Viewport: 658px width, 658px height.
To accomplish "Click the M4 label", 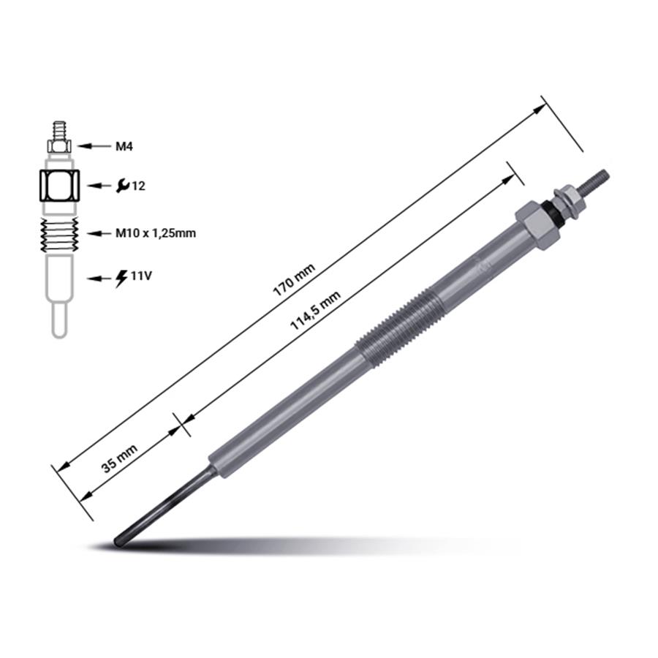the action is point(124,146).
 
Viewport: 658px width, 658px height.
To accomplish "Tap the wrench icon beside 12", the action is point(123,186).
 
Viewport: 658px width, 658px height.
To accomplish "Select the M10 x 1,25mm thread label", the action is point(156,233).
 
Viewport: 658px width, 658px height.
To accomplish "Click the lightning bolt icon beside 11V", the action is point(121,278).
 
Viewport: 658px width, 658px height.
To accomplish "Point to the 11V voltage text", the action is point(141,276).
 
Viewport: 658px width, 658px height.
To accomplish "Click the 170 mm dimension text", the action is point(294,280).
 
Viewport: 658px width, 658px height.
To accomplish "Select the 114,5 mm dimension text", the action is point(316,311).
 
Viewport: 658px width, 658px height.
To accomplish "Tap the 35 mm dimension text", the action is point(120,458).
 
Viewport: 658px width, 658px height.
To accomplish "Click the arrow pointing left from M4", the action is point(94,146).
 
